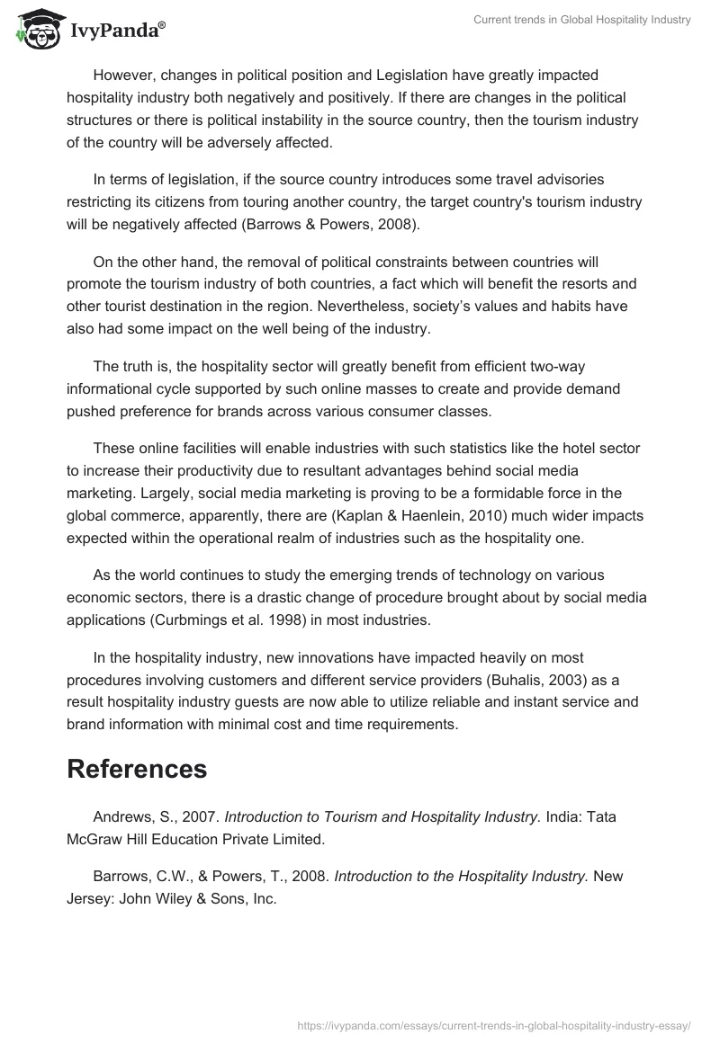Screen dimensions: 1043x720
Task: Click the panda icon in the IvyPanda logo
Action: tap(34, 30)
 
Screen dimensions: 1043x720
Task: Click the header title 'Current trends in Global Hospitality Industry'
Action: tap(582, 20)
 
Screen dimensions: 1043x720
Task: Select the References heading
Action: tap(137, 769)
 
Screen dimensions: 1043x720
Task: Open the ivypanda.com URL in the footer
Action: tap(492, 1025)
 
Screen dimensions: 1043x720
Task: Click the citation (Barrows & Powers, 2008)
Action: tap(332, 225)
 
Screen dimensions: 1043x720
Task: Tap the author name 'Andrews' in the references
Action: tap(122, 817)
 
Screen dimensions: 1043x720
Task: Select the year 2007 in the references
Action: tap(200, 817)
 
